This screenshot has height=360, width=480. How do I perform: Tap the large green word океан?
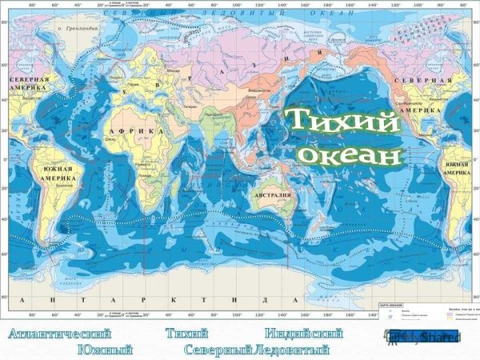[x=351, y=154]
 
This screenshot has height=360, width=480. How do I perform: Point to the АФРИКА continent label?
[x=141, y=130]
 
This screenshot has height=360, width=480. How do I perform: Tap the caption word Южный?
[x=105, y=350]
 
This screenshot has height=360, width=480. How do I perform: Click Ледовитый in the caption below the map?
[x=291, y=350]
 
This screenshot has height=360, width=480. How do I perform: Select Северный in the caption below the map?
[x=218, y=350]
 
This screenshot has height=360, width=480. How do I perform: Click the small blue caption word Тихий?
[x=187, y=334]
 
